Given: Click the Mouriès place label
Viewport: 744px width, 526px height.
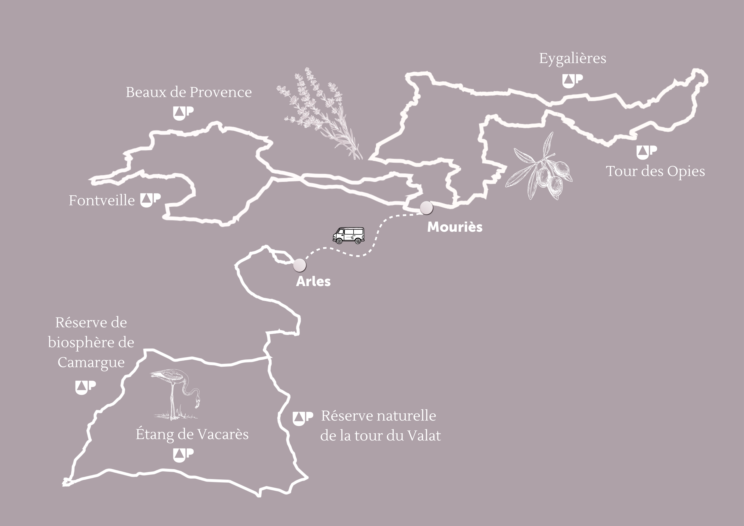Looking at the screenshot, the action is pos(455,227).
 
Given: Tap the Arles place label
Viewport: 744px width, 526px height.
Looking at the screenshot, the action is pos(313,281).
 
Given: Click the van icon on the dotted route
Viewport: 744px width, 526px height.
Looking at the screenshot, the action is pos(349,235).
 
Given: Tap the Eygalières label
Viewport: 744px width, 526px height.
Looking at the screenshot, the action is pos(572,59).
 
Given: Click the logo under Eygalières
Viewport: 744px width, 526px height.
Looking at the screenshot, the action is pos(572,81).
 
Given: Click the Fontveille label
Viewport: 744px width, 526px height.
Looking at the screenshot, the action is pos(101,200).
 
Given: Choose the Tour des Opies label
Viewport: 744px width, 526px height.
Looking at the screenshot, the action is pos(655,171).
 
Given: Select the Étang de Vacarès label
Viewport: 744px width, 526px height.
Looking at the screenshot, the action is pos(192,434).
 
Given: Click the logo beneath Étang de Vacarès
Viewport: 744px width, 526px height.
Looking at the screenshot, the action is pos(183,455).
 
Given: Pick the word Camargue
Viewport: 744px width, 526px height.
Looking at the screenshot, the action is pos(91,362).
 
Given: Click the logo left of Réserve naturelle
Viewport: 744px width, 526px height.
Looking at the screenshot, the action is pos(303,418).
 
